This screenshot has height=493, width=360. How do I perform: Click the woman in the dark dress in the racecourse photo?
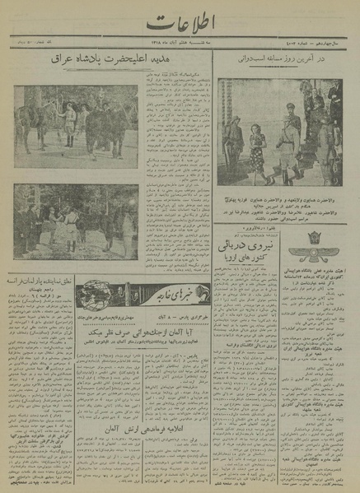tap(256, 153)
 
